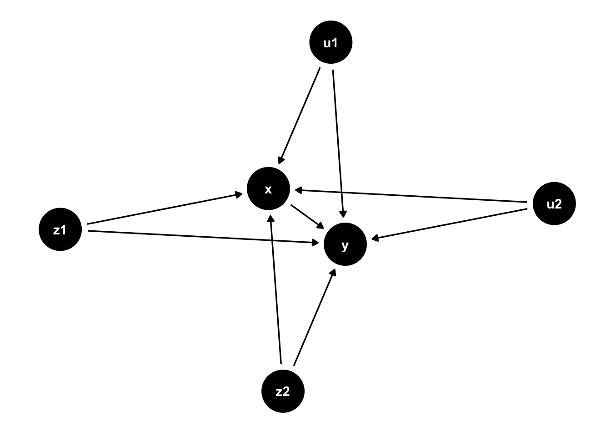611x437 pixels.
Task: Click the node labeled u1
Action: pos(331,42)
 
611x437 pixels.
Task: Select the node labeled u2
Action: pos(554,203)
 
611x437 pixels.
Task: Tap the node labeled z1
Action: pos(60,229)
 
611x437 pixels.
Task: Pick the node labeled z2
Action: pos(283,391)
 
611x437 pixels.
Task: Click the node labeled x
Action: pos(268,188)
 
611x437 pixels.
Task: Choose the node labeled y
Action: pos(345,244)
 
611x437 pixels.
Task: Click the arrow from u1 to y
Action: pos(338,141)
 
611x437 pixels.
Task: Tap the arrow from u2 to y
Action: pos(450,224)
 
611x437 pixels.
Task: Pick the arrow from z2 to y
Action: pos(314,317)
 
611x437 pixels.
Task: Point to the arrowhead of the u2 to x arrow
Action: pos(298,190)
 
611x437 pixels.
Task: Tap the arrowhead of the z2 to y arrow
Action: pos(333,272)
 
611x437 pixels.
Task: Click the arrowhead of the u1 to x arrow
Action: pos(281,160)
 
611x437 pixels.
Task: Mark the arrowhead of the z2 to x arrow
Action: pos(271,218)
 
